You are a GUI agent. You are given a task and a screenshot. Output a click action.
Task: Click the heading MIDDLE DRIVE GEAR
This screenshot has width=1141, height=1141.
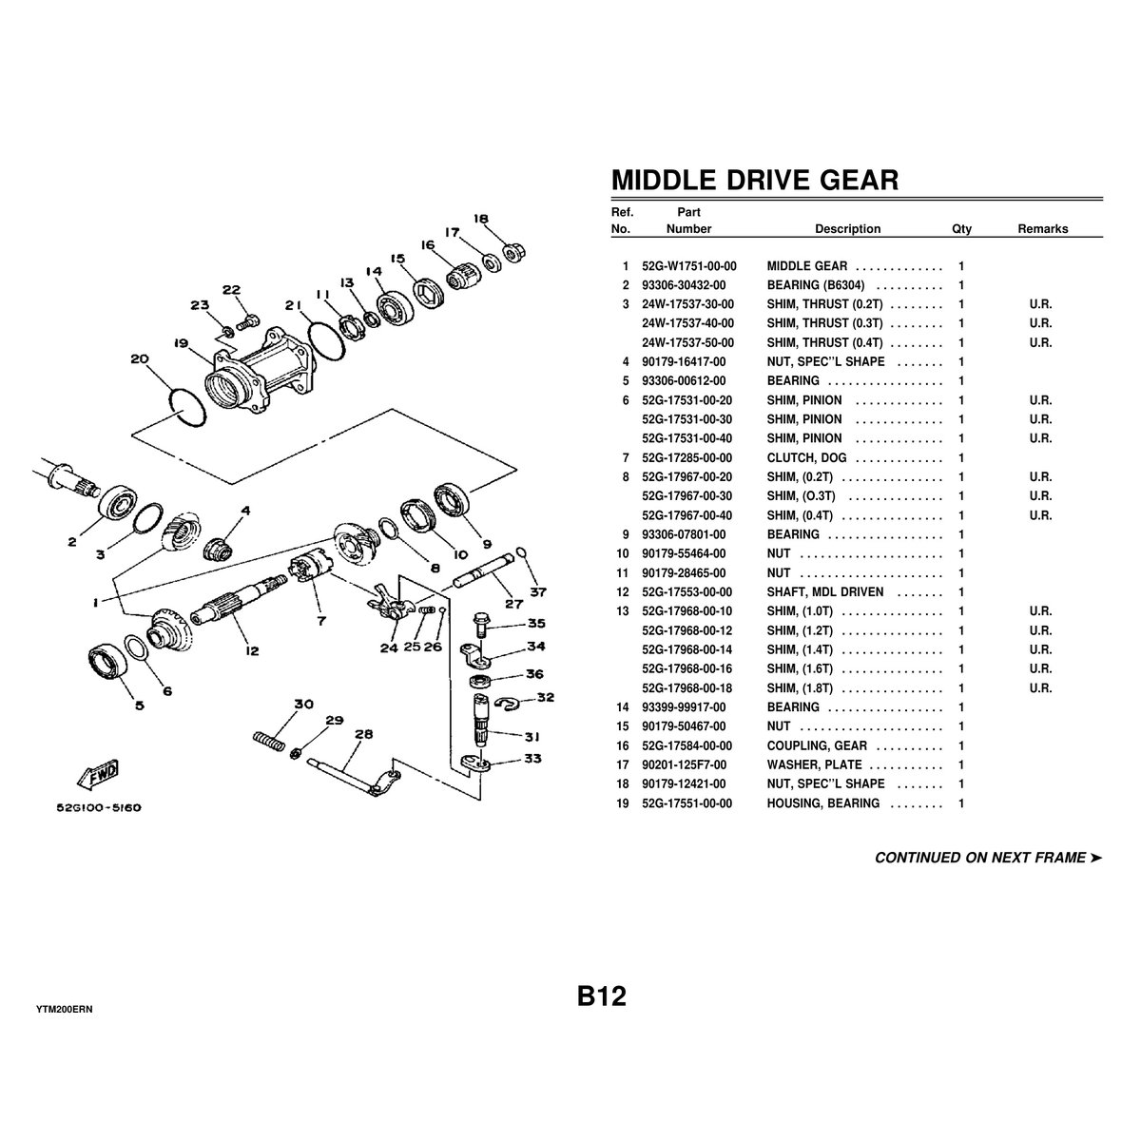point(754,180)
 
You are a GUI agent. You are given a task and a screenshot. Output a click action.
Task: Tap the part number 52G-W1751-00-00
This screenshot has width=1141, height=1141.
point(689,266)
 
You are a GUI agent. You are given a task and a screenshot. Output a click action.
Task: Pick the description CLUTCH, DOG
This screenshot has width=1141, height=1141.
point(806,458)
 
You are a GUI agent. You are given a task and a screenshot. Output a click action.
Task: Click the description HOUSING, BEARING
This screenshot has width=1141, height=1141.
point(822,803)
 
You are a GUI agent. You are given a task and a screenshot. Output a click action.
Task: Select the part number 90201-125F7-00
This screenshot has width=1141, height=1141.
point(684,765)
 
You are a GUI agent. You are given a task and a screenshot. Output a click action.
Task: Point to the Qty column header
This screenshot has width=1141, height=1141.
point(961,229)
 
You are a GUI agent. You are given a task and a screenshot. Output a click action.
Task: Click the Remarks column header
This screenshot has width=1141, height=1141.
point(1042,229)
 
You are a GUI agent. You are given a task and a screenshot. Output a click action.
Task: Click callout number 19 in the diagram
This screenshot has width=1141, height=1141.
point(181,343)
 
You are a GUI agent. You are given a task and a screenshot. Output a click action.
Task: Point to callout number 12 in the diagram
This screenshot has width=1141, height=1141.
point(251,650)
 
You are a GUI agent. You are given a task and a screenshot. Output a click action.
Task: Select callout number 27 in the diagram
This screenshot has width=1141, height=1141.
point(512,603)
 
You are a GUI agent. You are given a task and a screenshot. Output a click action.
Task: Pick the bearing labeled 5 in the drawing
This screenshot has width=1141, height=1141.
point(106,663)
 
